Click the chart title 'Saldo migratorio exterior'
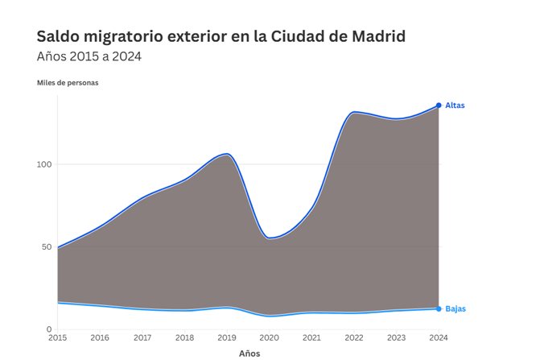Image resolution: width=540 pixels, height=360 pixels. [221, 36]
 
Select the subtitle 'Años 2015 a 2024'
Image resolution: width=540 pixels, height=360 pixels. [89, 56]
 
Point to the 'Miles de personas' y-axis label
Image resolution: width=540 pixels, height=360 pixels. [68, 83]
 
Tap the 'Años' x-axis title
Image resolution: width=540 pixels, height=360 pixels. [249, 353]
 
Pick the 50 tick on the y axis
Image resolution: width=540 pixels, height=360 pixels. [46, 246]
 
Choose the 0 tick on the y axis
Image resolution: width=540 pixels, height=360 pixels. [48, 329]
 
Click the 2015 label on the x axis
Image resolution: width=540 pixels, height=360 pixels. [57, 338]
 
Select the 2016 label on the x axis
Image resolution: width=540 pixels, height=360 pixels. [100, 338]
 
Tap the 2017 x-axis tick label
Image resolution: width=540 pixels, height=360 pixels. [142, 338]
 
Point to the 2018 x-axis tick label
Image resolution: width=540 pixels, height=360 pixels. [184, 338]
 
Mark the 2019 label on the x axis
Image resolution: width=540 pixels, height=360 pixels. [227, 338]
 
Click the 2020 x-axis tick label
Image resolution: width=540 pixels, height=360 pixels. [270, 338]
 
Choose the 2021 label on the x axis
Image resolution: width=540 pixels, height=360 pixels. [311, 338]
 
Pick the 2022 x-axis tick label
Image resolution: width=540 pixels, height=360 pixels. [354, 338]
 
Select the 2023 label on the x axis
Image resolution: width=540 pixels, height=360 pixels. [397, 338]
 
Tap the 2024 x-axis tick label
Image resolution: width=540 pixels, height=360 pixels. [439, 338]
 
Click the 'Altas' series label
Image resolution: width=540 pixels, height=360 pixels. [455, 106]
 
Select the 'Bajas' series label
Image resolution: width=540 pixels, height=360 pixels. [455, 308]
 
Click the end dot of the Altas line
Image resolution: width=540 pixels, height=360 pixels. [439, 106]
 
